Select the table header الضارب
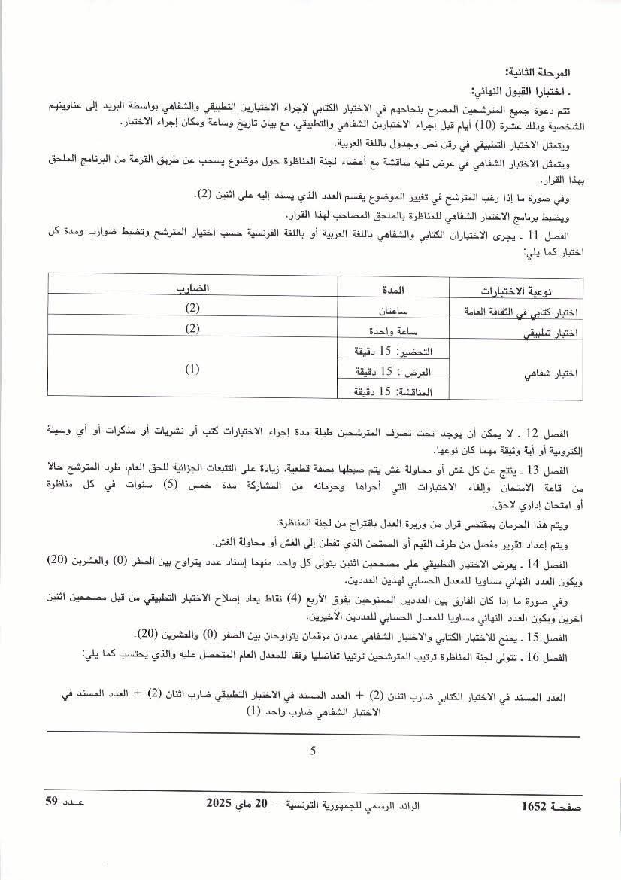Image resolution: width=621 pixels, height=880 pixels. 192,289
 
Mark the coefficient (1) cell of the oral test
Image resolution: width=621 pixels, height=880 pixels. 192,370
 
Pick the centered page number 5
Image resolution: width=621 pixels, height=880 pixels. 313,749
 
